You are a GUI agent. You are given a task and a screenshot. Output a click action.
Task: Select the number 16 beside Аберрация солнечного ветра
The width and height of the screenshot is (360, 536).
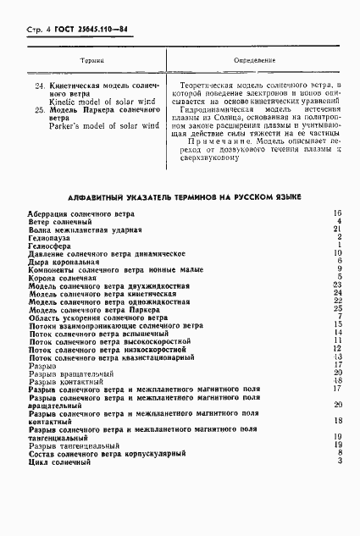pyautogui.click(x=336, y=213)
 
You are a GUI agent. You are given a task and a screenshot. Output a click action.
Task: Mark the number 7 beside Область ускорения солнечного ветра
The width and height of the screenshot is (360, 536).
pyautogui.click(x=338, y=316)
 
